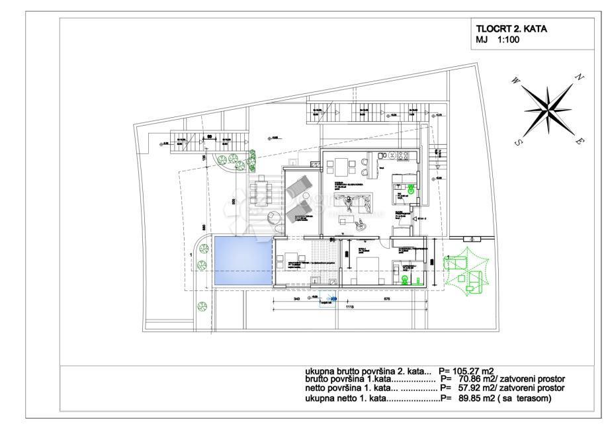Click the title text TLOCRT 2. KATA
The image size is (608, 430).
coord(511,29)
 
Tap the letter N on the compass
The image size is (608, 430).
coord(580,77)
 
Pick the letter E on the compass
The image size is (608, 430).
coord(580,141)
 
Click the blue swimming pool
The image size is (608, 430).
coord(243,261)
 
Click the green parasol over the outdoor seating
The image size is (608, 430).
coord(466,270)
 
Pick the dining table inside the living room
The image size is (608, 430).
coord(341,165)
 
